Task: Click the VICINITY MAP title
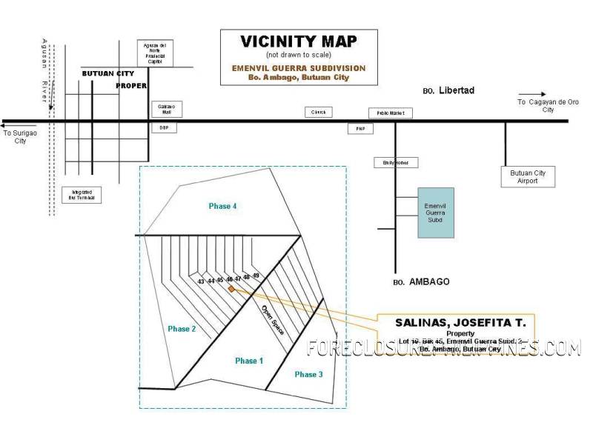[299, 41]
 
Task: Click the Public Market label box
[391, 113]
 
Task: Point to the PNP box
[360, 128]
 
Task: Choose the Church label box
[319, 112]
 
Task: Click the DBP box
[164, 127]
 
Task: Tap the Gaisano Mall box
[165, 110]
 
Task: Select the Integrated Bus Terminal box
[82, 194]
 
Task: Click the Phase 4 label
[222, 206]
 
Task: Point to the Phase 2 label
[181, 329]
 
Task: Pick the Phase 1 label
[248, 361]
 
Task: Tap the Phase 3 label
[308, 375]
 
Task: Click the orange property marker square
[231, 289]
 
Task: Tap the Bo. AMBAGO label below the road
[420, 282]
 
